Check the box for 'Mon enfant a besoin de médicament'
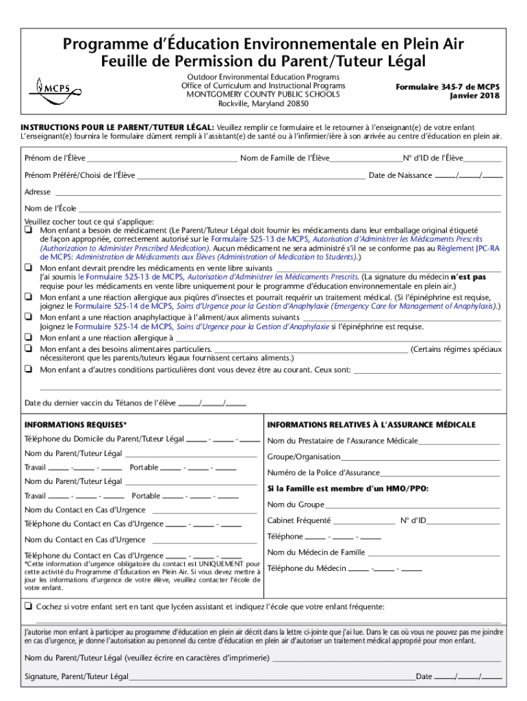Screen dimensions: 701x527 tap(29, 231)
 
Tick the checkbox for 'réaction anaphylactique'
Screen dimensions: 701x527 tap(29, 318)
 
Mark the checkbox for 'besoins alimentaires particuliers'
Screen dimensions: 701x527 tap(29, 349)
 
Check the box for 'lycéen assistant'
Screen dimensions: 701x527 tap(28, 607)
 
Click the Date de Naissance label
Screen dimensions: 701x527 tap(400, 175)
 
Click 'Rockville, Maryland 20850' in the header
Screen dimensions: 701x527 tap(263, 104)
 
